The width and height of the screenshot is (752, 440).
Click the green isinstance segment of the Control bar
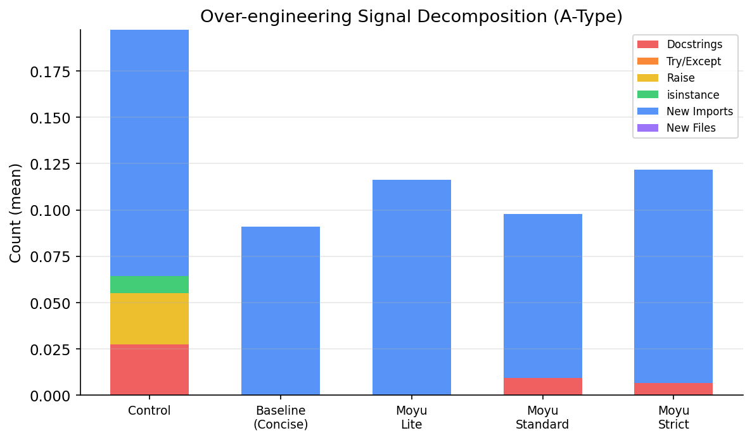pyautogui.click(x=150, y=285)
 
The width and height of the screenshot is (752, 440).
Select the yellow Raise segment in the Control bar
pyautogui.click(x=150, y=318)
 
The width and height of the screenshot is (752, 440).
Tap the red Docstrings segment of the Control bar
pyautogui.click(x=150, y=370)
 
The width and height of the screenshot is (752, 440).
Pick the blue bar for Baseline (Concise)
pyautogui.click(x=281, y=311)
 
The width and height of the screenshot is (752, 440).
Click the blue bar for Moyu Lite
pyautogui.click(x=412, y=287)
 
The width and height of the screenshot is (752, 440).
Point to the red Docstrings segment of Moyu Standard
pyautogui.click(x=543, y=387)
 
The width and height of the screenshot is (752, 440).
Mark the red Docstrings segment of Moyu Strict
pyautogui.click(x=673, y=389)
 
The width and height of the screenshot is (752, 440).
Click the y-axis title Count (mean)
pyautogui.click(x=16, y=213)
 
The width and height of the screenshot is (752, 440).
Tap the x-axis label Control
pyautogui.click(x=150, y=410)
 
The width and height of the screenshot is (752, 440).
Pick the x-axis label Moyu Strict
pyautogui.click(x=673, y=417)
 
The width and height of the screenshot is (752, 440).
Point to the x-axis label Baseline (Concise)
pyautogui.click(x=281, y=417)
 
